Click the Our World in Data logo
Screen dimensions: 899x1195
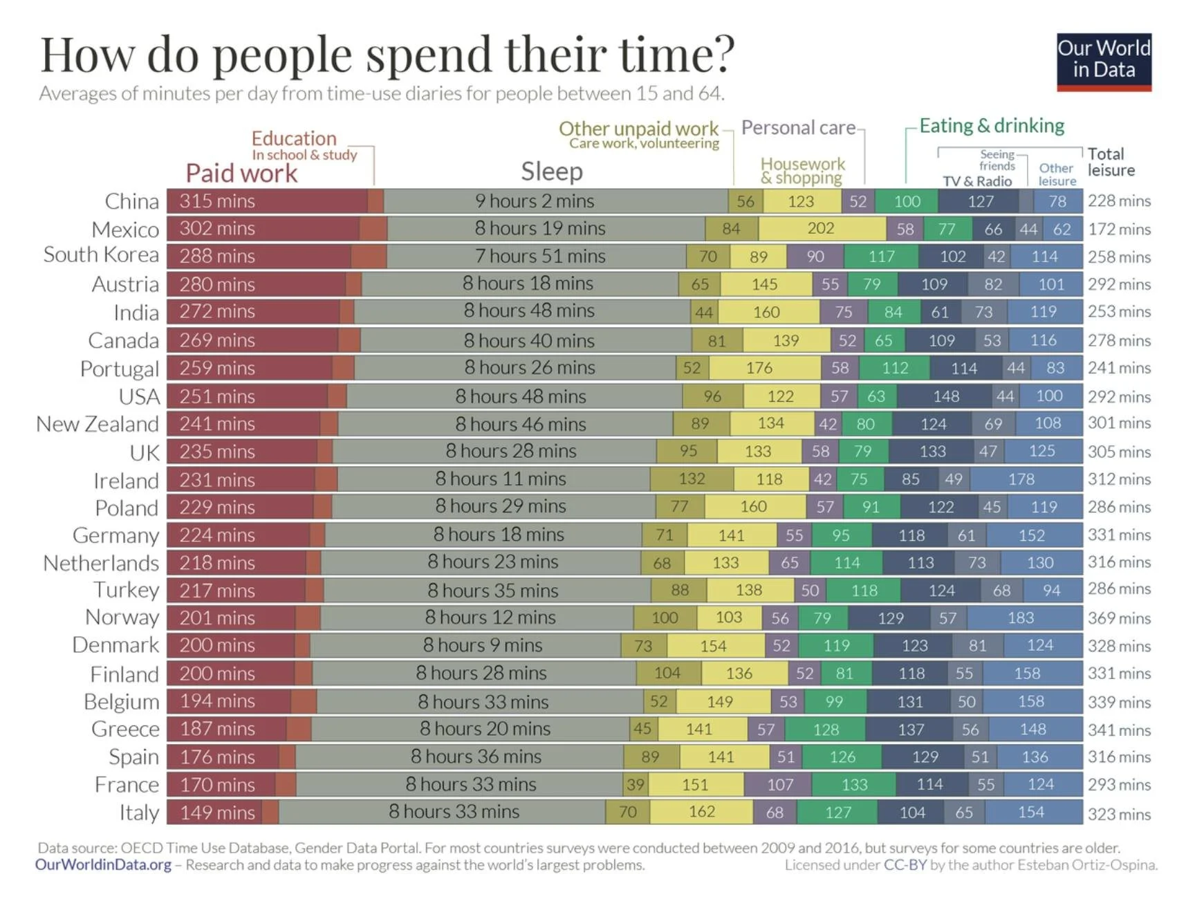pyautogui.click(x=1104, y=61)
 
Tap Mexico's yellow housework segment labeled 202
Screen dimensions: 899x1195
pyautogui.click(x=821, y=229)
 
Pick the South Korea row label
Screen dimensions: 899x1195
pyautogui.click(x=101, y=255)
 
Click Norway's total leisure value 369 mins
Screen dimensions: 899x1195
pyautogui.click(x=1119, y=618)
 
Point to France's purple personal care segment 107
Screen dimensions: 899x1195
pyautogui.click(x=779, y=784)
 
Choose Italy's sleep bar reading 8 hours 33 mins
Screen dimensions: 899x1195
pyautogui.click(x=453, y=812)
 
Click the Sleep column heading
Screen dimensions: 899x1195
pyautogui.click(x=552, y=172)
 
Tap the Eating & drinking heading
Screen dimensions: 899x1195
pyautogui.click(x=992, y=126)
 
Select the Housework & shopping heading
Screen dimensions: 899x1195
pyautogui.click(x=802, y=171)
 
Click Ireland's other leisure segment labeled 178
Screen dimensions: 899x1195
pyautogui.click(x=1021, y=479)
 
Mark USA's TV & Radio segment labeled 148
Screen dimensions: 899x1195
pyautogui.click(x=945, y=396)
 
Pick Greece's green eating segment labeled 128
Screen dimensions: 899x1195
pyautogui.click(x=826, y=730)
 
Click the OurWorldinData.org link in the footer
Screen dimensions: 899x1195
pyautogui.click(x=103, y=865)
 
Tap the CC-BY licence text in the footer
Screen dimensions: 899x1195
pyautogui.click(x=905, y=865)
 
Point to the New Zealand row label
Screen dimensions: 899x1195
pyautogui.click(x=98, y=424)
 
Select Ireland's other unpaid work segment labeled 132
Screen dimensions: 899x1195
pyautogui.click(x=692, y=479)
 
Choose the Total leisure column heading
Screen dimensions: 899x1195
pyautogui.click(x=1111, y=163)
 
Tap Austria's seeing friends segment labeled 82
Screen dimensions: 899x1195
pyautogui.click(x=993, y=284)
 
